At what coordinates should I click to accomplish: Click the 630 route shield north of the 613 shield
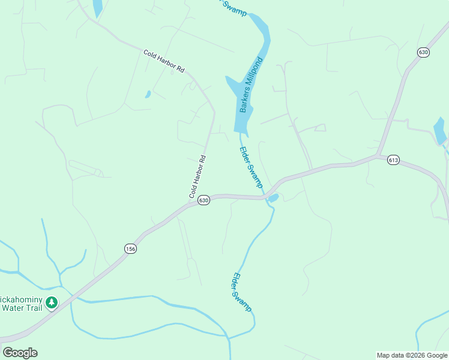point(424,53)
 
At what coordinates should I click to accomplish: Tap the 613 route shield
point(393,160)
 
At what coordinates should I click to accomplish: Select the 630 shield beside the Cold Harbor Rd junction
point(204,200)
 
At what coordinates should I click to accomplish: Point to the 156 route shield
point(130,248)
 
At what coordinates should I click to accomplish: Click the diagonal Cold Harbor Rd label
point(164,62)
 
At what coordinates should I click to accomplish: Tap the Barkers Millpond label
point(252,85)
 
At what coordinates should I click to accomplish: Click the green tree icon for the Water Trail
point(52,302)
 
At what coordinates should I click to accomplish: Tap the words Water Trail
point(22,308)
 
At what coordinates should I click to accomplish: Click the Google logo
point(20,353)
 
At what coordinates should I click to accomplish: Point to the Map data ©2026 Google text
point(412,355)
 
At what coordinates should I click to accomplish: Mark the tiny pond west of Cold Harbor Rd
point(148,94)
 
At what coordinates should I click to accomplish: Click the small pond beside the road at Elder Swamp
point(273,198)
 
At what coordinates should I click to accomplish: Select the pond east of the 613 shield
point(440,130)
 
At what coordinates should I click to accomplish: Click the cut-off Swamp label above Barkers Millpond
point(234,7)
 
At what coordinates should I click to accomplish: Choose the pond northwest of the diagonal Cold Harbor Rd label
point(97,8)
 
